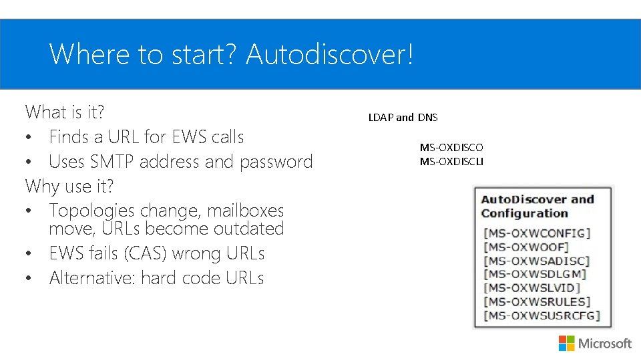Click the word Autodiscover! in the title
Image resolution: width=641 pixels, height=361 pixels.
tap(330, 54)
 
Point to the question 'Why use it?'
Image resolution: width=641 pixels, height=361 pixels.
tap(69, 185)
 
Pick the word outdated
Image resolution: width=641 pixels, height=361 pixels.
tap(248, 229)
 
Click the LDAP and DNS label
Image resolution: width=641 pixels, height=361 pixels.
tap(403, 118)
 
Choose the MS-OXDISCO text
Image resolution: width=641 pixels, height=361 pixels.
tap(451, 147)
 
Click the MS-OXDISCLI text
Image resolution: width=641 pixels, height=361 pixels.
tap(451, 161)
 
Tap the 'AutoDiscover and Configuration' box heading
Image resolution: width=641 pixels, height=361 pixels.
tap(537, 207)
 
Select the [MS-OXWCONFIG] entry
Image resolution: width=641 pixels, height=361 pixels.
tap(537, 233)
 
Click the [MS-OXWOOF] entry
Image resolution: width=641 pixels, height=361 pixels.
tap(526, 247)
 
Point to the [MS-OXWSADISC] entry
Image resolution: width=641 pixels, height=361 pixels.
tap(536, 261)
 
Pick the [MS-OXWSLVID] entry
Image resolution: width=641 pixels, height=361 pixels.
tap(531, 288)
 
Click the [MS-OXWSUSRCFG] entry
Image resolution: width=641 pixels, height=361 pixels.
tap(542, 316)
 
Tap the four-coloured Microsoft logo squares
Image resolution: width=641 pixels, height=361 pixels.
tap(566, 343)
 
